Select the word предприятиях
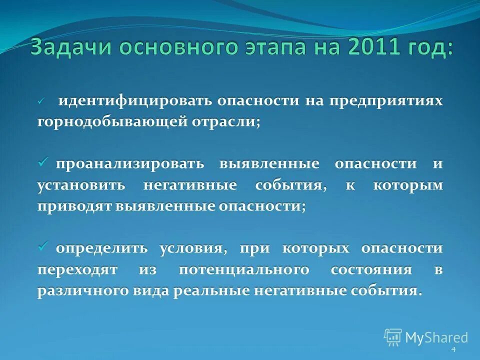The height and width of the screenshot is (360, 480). [384, 101]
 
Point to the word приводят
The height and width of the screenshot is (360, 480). [73, 206]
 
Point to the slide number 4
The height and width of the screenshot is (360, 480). [453, 349]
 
